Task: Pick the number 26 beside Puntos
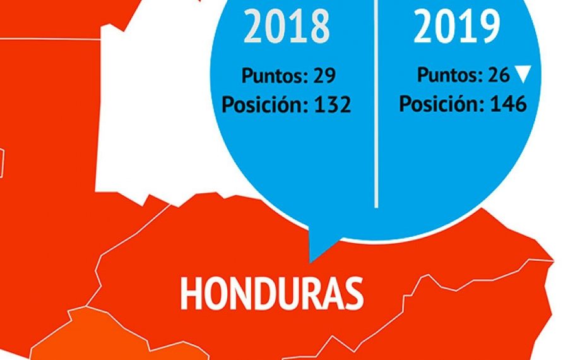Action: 498,75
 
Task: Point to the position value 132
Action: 332,105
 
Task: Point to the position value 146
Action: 507,104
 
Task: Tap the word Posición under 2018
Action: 264,105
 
